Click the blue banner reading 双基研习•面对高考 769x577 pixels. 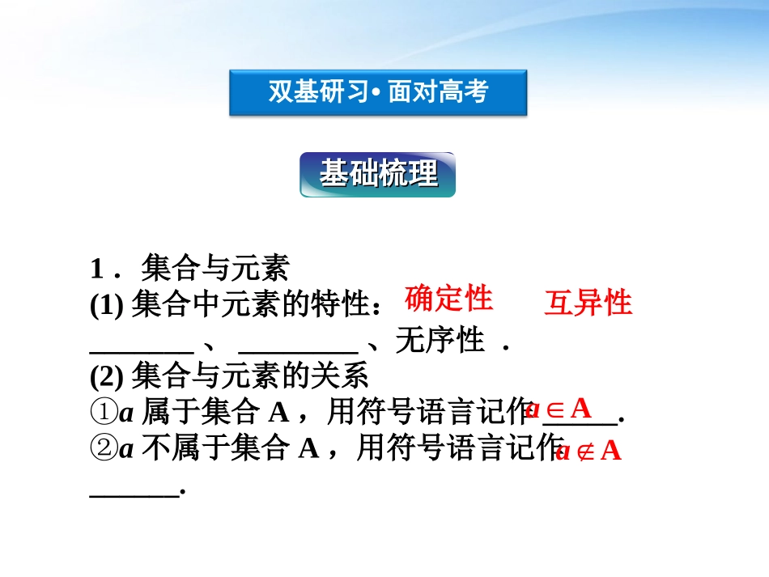coord(378,92)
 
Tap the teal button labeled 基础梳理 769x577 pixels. coord(378,174)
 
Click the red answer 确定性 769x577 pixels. coord(448,299)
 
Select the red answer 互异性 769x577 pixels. coord(588,303)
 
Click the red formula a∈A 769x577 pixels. coord(559,407)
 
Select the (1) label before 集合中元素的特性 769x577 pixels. coord(105,303)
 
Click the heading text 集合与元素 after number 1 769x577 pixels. coord(215,266)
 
